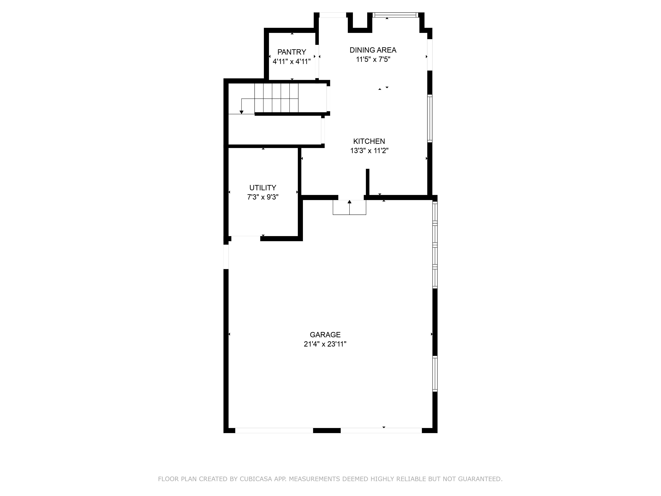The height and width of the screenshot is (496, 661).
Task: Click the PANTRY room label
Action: click(292, 52)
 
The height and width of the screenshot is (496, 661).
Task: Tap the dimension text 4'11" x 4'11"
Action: click(292, 62)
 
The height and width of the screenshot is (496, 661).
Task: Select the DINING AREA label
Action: click(373, 50)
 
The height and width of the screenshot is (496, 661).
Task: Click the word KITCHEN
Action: click(369, 141)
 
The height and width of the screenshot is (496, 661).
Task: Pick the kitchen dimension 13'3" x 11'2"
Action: click(369, 150)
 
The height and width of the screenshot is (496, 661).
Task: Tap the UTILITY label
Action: click(263, 188)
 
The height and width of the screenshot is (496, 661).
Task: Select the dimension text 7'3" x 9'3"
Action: click(263, 197)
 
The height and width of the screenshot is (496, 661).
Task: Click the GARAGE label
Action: click(325, 335)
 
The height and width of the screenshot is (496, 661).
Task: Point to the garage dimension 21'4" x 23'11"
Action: click(325, 344)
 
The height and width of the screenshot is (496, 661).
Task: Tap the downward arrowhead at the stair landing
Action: click(241, 112)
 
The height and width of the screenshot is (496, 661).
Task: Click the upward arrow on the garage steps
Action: click(349, 202)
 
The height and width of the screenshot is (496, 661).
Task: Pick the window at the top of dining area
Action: click(395, 15)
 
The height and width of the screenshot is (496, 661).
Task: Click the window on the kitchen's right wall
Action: click(430, 118)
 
